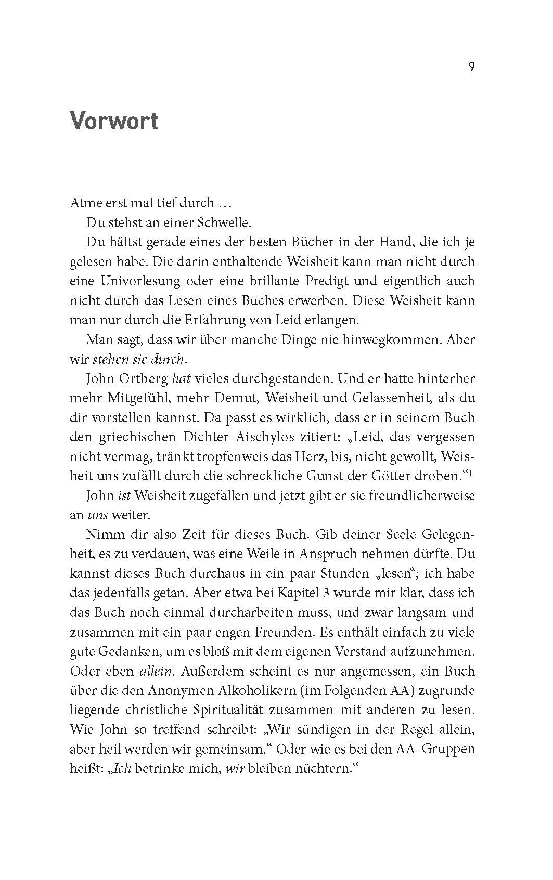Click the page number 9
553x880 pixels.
[x=471, y=67]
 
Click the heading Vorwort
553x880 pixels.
[x=114, y=121]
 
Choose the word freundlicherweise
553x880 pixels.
[x=422, y=495]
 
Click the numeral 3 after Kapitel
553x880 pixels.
[x=336, y=593]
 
